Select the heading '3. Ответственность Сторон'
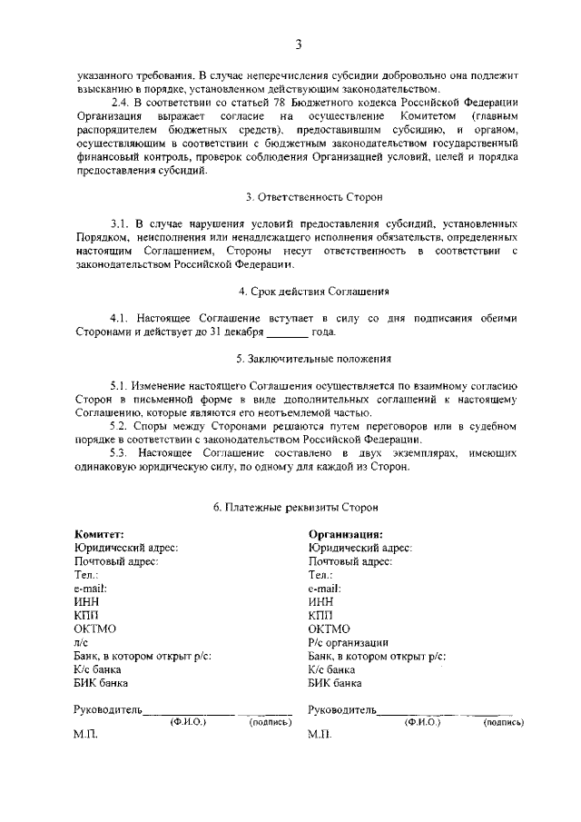click(314, 196)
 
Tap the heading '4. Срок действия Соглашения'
click(314, 292)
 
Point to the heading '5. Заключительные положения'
click(314, 358)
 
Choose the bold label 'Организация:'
click(345, 535)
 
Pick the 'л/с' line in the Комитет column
click(81, 641)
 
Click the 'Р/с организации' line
click(349, 641)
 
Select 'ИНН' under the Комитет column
click(86, 601)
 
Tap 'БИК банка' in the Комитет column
click(101, 681)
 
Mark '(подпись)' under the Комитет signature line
click(270, 722)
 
